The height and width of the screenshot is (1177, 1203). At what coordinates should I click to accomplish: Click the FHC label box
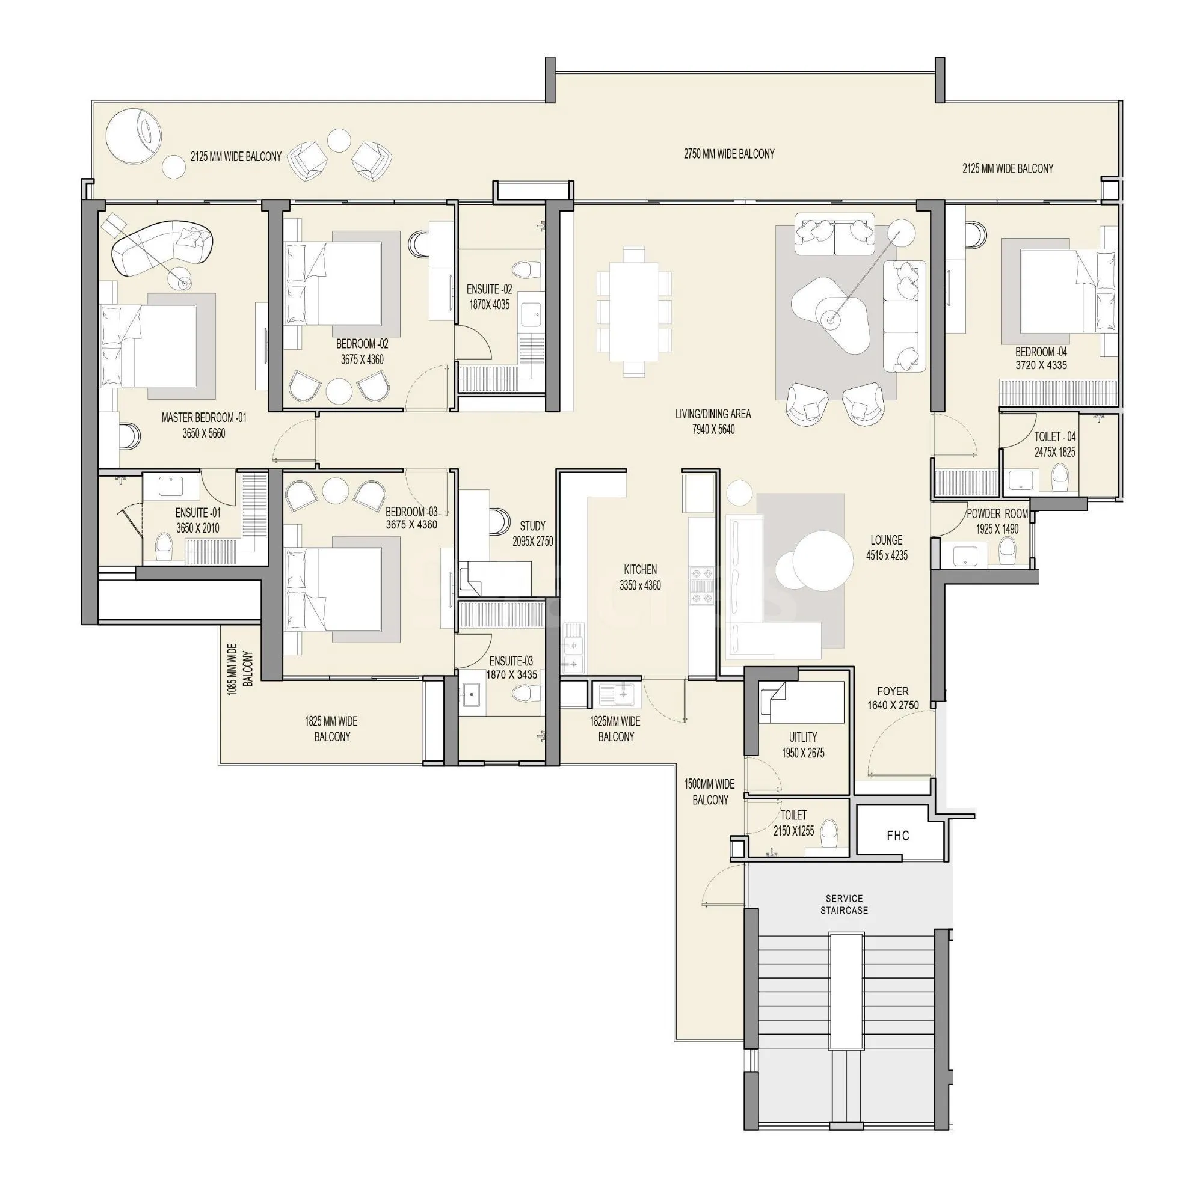tap(897, 836)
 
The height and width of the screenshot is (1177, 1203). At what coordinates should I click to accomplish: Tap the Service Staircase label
tap(844, 903)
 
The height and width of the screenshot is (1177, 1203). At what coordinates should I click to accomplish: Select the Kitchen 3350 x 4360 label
tap(639, 577)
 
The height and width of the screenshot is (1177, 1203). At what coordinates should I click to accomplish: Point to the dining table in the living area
tap(634, 311)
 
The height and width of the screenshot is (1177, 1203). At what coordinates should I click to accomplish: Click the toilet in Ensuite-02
tap(524, 269)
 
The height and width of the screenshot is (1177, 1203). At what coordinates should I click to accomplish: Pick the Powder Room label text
tap(997, 514)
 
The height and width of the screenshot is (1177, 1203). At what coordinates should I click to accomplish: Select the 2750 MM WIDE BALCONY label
tap(728, 154)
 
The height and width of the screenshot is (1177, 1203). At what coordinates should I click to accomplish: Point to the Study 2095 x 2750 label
tap(532, 533)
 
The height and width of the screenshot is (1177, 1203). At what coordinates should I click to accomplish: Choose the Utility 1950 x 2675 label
tap(803, 745)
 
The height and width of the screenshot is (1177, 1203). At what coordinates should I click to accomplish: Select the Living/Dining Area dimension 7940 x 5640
tap(713, 430)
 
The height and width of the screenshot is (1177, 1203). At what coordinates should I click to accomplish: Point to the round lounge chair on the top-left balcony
tap(134, 136)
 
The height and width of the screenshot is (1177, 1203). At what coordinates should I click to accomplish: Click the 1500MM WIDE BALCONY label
tap(709, 792)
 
